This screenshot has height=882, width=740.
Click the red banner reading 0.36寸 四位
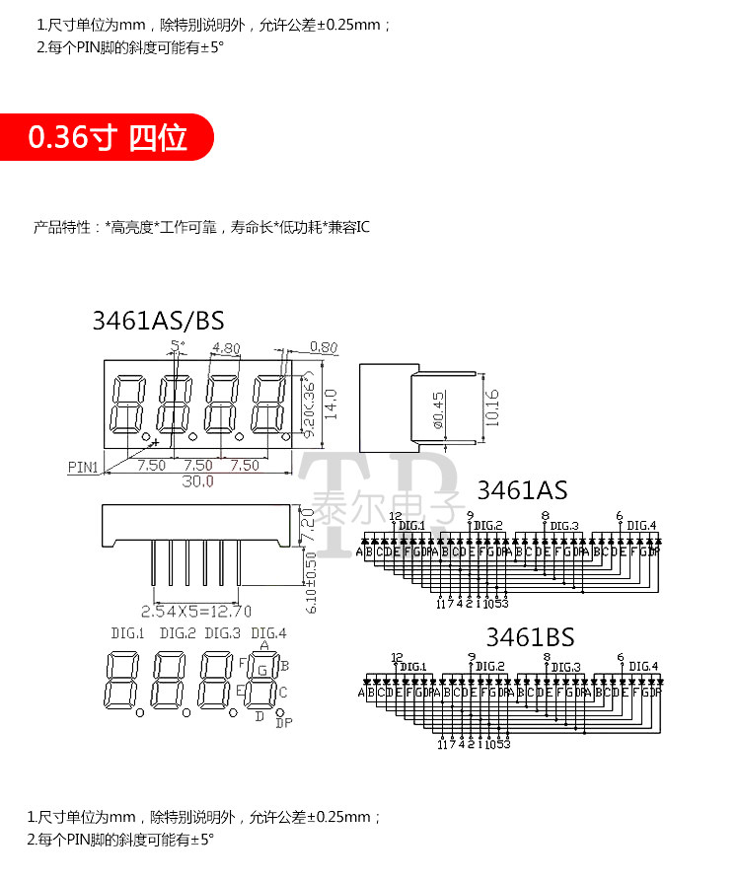[108, 137]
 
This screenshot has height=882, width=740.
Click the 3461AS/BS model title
[158, 320]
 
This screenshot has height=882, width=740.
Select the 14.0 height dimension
[331, 403]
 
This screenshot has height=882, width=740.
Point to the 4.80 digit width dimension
[226, 348]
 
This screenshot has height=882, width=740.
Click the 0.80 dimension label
[323, 346]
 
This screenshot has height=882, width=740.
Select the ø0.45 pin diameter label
[438, 410]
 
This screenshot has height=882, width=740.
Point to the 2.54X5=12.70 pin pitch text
[196, 610]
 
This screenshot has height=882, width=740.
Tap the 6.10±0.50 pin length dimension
[311, 581]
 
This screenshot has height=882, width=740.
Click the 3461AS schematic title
[522, 490]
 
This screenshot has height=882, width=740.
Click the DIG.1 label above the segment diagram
[127, 632]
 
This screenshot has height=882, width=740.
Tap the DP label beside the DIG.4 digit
[284, 723]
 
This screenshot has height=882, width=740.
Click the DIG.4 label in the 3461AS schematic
[641, 525]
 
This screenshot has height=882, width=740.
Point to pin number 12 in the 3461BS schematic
[397, 657]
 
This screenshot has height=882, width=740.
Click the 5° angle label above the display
[178, 345]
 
